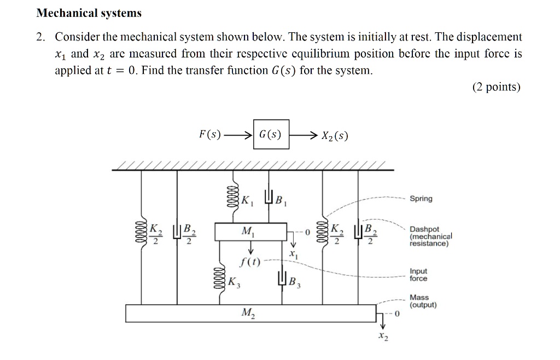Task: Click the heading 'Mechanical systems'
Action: [89, 13]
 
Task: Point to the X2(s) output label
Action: [335, 135]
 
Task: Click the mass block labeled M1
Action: [251, 232]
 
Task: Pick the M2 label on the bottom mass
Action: [248, 314]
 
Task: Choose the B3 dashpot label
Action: [294, 283]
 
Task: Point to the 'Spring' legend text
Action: [421, 199]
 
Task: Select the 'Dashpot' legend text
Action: [424, 229]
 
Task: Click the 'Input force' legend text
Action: [418, 275]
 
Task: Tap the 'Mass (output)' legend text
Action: [423, 301]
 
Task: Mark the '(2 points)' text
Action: [496, 88]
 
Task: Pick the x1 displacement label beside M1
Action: [293, 254]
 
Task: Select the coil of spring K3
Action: [222, 281]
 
